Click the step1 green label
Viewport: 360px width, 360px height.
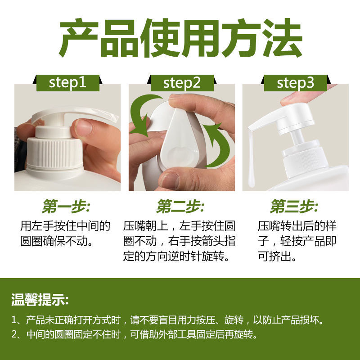pos(68,83)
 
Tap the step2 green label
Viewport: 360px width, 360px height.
pos(182,83)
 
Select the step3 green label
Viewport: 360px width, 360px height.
pos(296,83)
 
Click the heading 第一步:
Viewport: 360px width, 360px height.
pos(66,206)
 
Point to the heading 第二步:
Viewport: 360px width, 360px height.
pos(180,206)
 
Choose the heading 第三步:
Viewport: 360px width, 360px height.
pos(294,206)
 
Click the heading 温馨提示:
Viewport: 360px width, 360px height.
pos(40,299)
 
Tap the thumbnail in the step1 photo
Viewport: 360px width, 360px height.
pos(83,127)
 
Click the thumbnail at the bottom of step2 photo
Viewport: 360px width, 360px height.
pos(170,180)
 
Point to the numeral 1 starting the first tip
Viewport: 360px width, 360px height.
pos(14,320)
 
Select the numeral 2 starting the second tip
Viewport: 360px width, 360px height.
pos(14,334)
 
